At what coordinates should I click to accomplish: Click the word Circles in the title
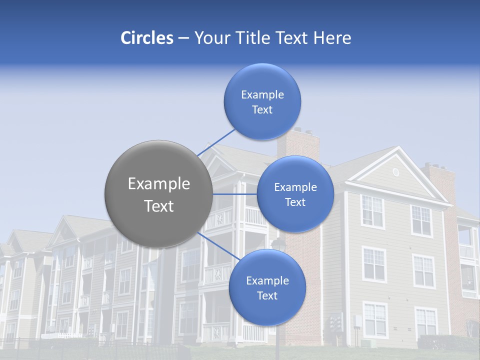point(146,38)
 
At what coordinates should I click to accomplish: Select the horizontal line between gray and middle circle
point(234,194)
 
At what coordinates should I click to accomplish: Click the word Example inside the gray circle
point(159,184)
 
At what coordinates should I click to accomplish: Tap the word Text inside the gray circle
point(159,206)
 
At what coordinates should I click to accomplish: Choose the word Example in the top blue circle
point(262,95)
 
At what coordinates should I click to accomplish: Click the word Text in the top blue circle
point(262,110)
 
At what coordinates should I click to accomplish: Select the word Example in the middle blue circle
point(295,187)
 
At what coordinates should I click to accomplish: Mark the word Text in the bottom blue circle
point(267,296)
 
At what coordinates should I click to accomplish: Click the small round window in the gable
point(396,172)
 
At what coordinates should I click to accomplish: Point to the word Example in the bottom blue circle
point(267,281)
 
